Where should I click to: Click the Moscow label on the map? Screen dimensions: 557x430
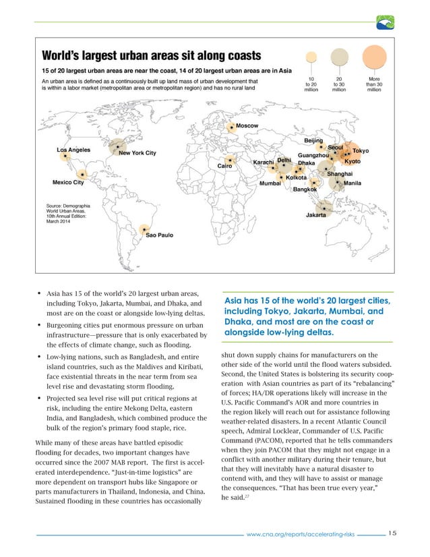pos(248,127)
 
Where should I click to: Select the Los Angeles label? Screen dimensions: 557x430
pos(74,150)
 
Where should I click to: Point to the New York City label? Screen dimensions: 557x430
pos(137,153)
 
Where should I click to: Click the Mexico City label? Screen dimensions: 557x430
pos(68,182)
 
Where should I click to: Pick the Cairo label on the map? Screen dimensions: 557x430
pos(224,165)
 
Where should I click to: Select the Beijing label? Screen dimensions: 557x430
pos(313,140)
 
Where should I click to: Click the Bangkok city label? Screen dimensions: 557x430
pos(305,189)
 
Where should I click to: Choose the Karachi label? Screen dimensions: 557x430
pos(263,163)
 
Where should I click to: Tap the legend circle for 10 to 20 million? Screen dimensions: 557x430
pos(311,61)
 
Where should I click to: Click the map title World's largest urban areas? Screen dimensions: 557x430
pos(148,55)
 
